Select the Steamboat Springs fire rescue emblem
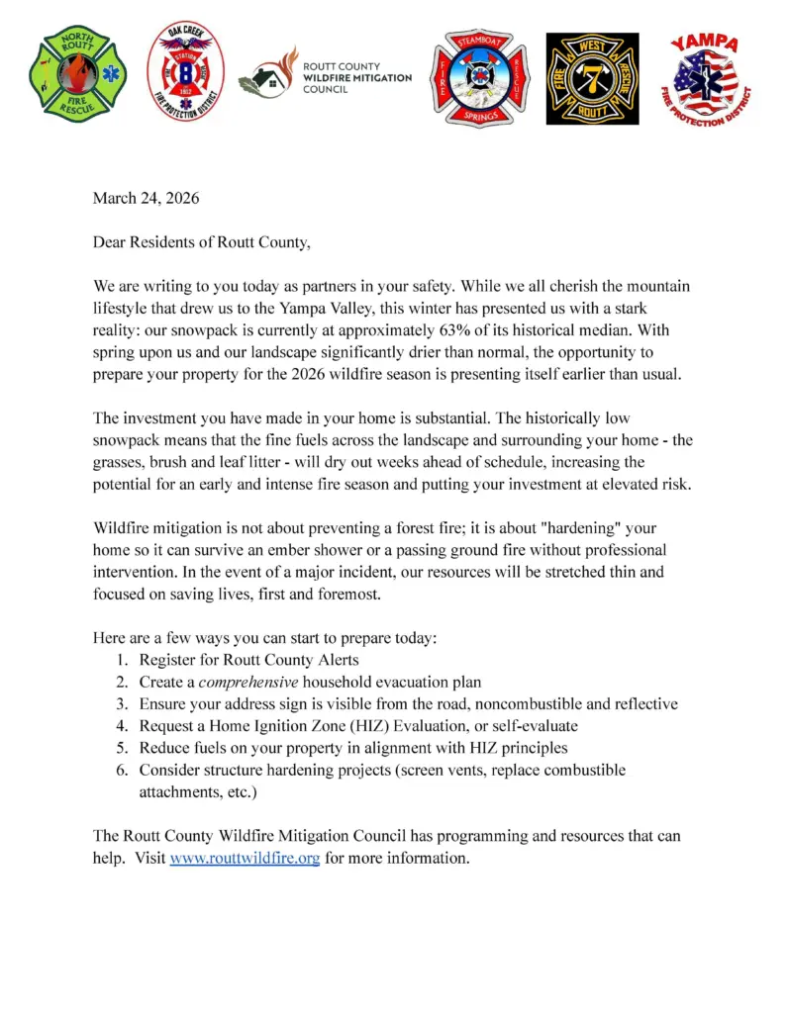478,78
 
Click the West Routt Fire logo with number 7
592,78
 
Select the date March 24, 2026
146,198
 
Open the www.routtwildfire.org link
245,859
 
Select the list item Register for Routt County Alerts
248,661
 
